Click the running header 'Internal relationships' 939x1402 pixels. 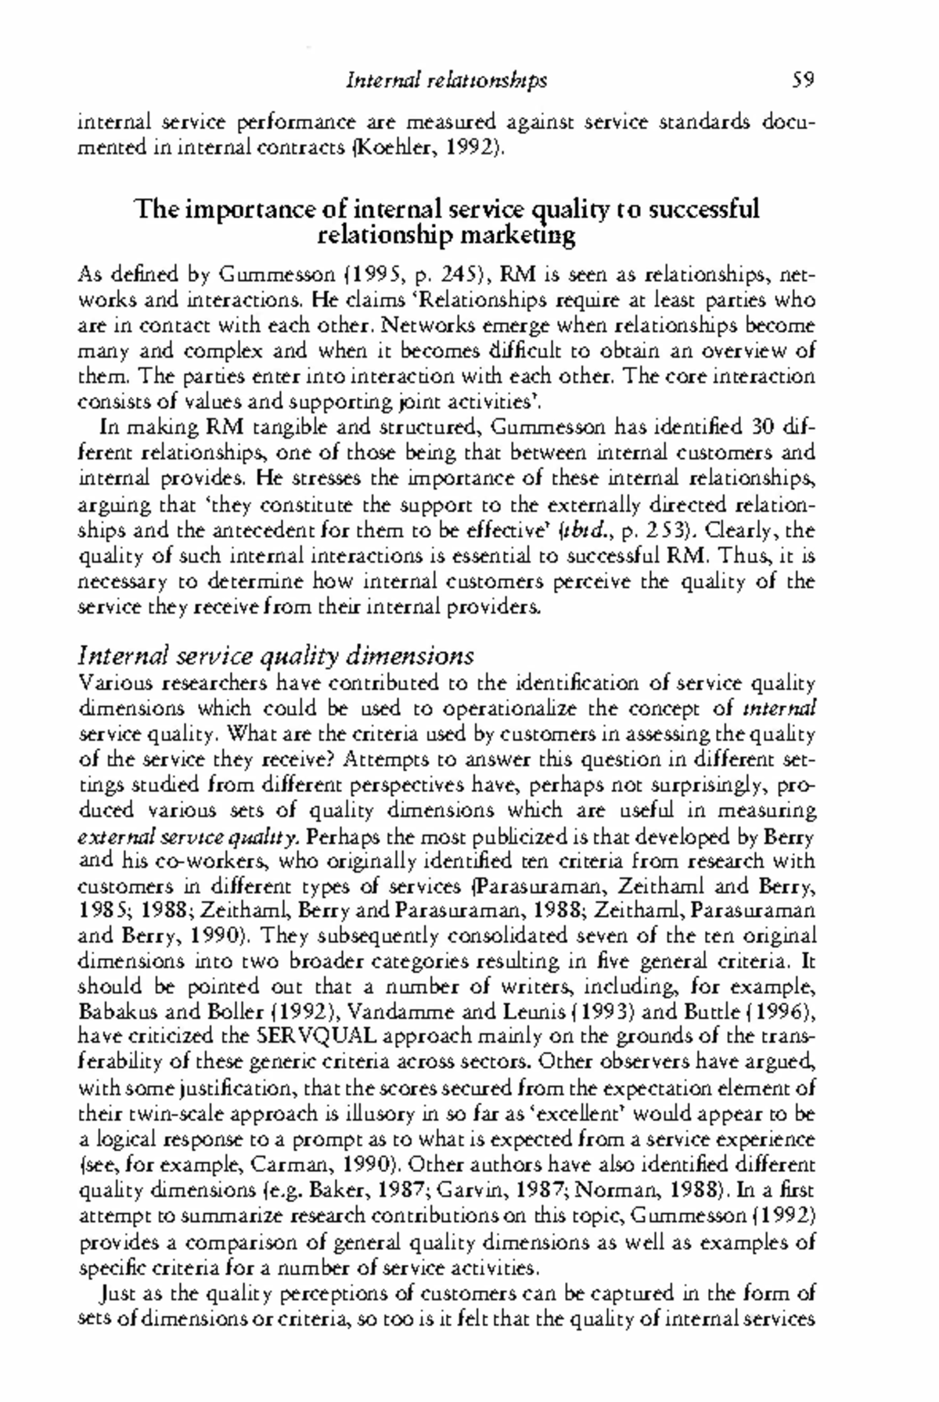(x=446, y=80)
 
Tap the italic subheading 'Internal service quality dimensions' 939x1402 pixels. (x=277, y=655)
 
